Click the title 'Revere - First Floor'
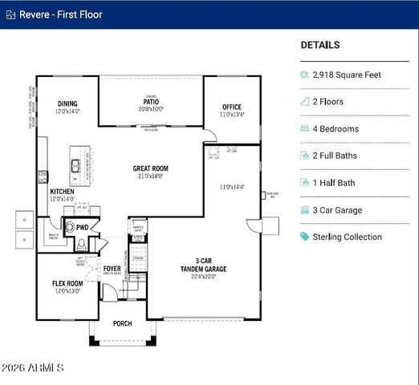[61, 14]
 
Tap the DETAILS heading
[319, 46]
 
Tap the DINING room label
[67, 104]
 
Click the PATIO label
[151, 102]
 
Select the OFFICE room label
[232, 107]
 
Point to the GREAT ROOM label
[151, 169]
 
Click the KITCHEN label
[63, 192]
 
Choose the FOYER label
[112, 269]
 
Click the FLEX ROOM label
[67, 284]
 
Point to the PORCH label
[123, 324]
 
